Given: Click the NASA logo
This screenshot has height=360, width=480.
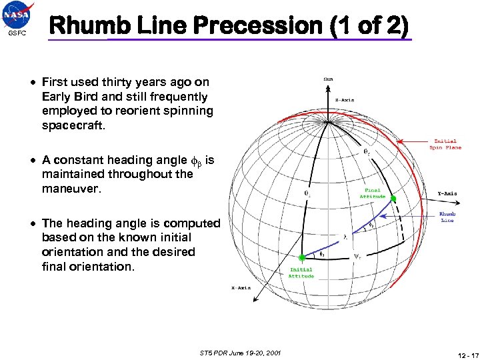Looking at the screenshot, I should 18,15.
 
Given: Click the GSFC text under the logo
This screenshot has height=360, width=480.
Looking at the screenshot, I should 17,33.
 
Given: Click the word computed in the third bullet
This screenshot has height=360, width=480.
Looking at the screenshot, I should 193,224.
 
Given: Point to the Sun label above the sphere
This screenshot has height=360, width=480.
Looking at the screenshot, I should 329,79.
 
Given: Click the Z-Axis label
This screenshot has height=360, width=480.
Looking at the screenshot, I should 344,100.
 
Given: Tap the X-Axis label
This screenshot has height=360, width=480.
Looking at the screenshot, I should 241,287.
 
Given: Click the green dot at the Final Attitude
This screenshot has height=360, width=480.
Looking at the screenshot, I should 393,199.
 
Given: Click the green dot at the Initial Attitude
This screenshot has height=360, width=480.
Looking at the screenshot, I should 302,257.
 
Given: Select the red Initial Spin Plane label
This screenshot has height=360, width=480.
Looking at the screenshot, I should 445,144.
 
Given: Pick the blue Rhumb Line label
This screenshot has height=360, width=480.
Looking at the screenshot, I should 447,217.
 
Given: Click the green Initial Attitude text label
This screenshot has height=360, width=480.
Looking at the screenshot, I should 301,273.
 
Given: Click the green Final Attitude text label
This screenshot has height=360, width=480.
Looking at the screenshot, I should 372,193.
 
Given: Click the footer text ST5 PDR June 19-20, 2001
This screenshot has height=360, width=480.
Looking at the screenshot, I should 240,351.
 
